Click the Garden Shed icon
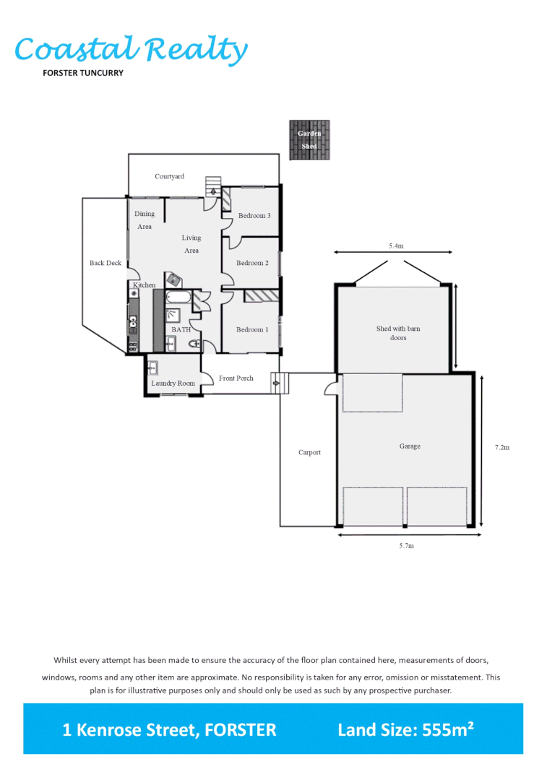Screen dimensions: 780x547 [309, 140]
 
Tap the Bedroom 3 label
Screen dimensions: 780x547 [254, 216]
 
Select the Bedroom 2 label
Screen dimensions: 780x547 [252, 263]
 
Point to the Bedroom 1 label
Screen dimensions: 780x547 [252, 329]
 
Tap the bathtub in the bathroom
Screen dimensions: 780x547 [178, 298]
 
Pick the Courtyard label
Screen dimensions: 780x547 [169, 176]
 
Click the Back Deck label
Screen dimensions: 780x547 [105, 263]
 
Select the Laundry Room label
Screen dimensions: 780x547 [173, 383]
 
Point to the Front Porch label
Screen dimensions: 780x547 [236, 378]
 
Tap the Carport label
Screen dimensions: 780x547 [309, 453]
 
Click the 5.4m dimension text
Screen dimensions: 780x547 [396, 246]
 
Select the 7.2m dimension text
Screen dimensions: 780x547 [501, 448]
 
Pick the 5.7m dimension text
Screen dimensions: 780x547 [407, 546]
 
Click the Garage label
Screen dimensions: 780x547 [410, 446]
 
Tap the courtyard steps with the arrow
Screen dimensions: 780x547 [212, 186]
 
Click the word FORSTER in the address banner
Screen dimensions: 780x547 [241, 730]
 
